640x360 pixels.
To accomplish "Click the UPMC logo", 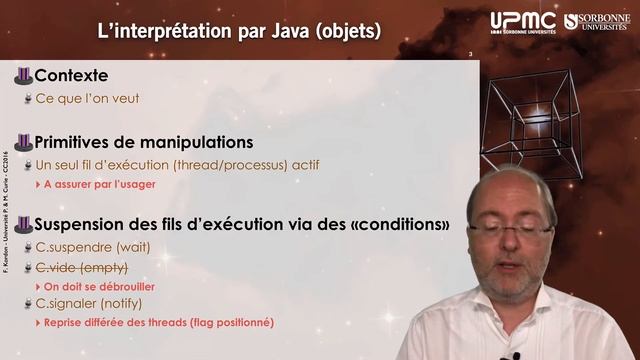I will coord(521,22).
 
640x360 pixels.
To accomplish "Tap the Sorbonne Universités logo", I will coord(597,21).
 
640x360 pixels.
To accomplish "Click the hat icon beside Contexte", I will coord(23,76).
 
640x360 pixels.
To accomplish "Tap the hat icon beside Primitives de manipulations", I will coord(23,142).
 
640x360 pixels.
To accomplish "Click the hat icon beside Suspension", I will coord(23,222).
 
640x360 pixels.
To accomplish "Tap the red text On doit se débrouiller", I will coord(104,286).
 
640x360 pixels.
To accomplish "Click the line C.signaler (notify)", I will coord(89,304).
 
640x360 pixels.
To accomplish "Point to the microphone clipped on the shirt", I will coord(516,355).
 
